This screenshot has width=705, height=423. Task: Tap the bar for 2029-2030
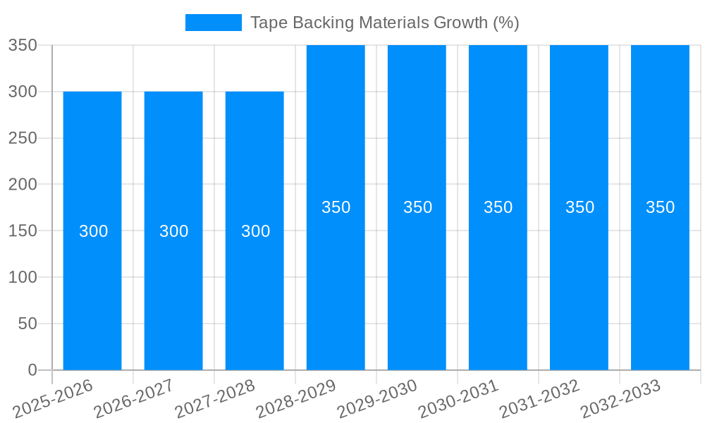[x=417, y=282]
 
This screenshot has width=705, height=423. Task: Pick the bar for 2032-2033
[x=660, y=282]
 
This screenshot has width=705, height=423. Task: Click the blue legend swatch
[x=213, y=23]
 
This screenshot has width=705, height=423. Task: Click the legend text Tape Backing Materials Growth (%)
[x=384, y=23]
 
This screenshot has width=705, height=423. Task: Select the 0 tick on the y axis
[x=32, y=370]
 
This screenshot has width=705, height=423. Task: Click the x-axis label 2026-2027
[x=134, y=399]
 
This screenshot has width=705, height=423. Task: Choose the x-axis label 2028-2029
[x=296, y=399]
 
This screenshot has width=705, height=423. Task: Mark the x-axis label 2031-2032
[x=539, y=399]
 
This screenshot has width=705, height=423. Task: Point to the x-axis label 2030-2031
[x=458, y=399]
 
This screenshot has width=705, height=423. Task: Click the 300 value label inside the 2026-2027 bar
[x=173, y=231]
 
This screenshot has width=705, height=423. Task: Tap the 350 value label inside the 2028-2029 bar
[x=336, y=207]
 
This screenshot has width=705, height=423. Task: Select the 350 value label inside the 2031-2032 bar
[x=580, y=207]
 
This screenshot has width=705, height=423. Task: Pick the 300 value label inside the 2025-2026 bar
[x=93, y=231]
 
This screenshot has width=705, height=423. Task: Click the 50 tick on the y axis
[x=27, y=324]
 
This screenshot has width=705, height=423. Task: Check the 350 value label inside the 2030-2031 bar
[x=498, y=207]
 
